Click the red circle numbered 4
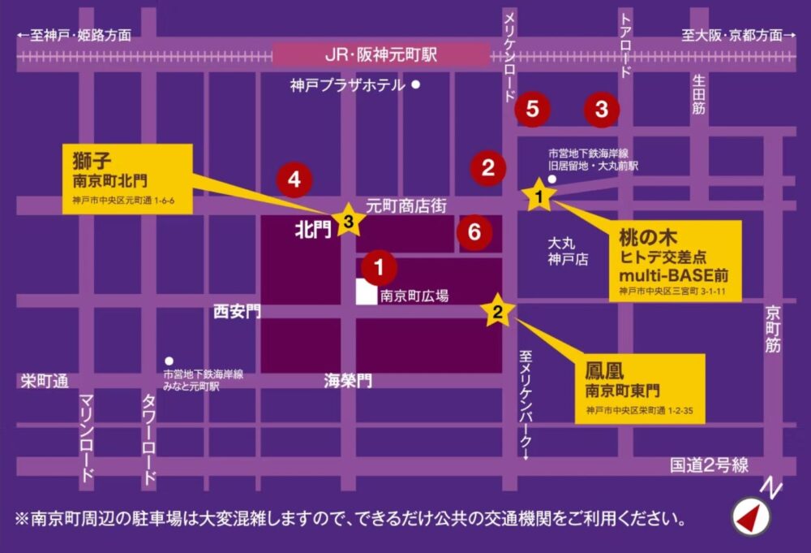tap(294, 180)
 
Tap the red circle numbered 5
tap(532, 108)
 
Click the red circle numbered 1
tap(379, 265)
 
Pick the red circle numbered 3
tap(602, 109)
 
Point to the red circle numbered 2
tap(488, 168)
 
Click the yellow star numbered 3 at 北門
tap(348, 220)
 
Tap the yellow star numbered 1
tap(540, 195)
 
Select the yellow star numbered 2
tap(498, 311)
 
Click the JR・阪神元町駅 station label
tap(380, 55)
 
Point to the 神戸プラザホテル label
tap(347, 84)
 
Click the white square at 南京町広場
tap(367, 292)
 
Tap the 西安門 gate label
tap(237, 311)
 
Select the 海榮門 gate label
tap(348, 380)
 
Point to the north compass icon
tap(751, 513)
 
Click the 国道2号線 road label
tap(709, 465)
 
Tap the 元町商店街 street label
tap(405, 206)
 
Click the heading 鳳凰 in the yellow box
tap(603, 372)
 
